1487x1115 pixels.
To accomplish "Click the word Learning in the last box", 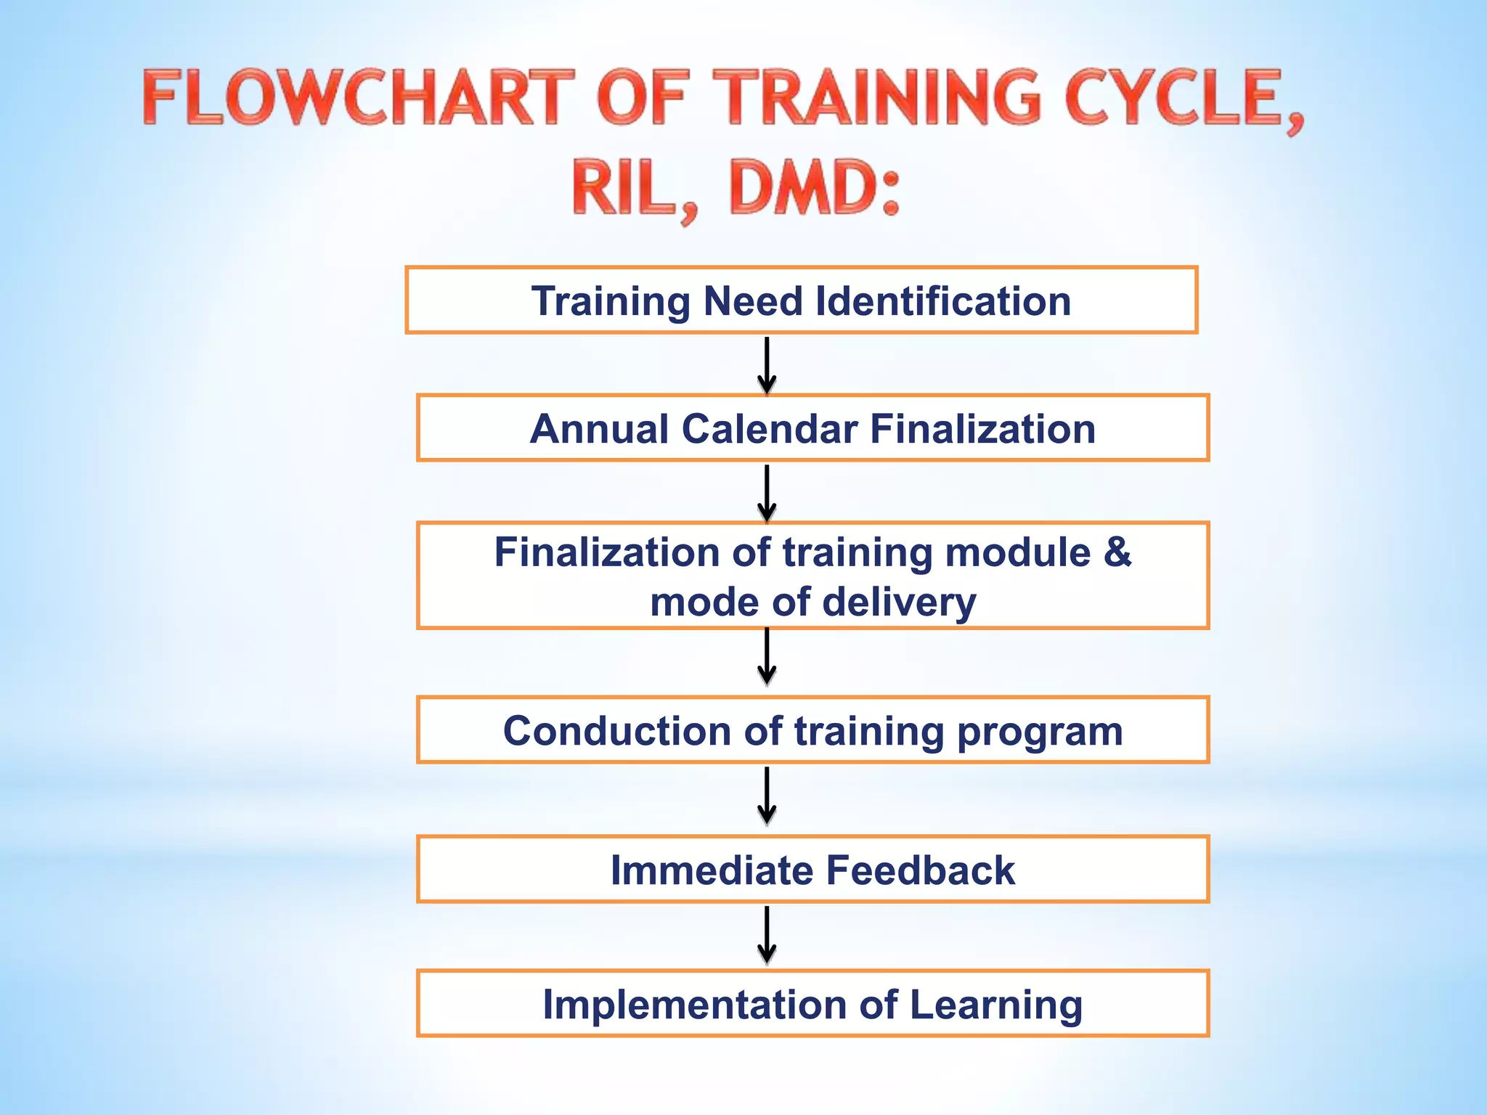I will pos(995,1006).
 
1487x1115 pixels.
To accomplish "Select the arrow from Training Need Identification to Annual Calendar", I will pos(767,364).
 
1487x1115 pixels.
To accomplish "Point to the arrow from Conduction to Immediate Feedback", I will pos(767,796).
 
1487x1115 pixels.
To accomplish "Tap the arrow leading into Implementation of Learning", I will pos(767,934).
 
